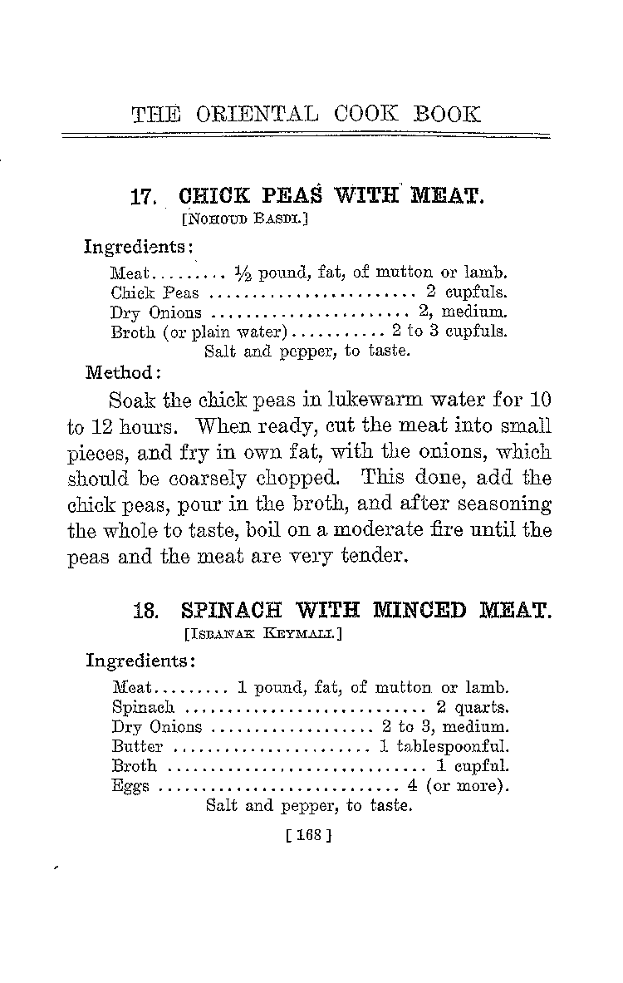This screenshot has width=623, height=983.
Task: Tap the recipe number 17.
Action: point(145,199)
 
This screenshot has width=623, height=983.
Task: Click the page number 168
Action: point(302,836)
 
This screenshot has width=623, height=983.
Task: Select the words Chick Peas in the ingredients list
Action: point(155,292)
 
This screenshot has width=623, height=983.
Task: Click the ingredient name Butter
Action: point(137,746)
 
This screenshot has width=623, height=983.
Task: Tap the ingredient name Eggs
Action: point(130,786)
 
